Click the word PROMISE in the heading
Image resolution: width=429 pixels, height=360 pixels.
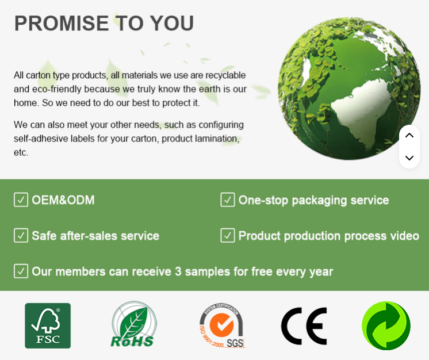coord(62,23)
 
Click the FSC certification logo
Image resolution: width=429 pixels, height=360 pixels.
coord(48,325)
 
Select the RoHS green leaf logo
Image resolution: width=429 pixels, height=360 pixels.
coord(133,324)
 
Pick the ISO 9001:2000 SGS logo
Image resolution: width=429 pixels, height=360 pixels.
coord(222,325)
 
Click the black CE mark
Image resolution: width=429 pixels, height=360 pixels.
coord(304,326)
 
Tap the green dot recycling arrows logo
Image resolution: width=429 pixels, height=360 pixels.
coord(386,325)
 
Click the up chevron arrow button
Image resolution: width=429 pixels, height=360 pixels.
coord(409,135)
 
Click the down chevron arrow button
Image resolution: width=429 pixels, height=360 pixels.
coord(409,158)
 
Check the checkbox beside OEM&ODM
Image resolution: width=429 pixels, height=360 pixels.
coord(21,200)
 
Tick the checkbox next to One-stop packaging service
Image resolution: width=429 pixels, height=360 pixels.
coord(228,200)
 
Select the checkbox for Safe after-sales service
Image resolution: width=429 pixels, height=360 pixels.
coord(21,236)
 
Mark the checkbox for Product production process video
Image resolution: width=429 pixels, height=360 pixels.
coord(228,236)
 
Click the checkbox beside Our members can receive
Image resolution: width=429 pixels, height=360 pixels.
coord(21,271)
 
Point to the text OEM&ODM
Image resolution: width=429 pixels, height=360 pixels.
coord(63,200)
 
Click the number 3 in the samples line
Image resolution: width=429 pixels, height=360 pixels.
coord(178,271)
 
